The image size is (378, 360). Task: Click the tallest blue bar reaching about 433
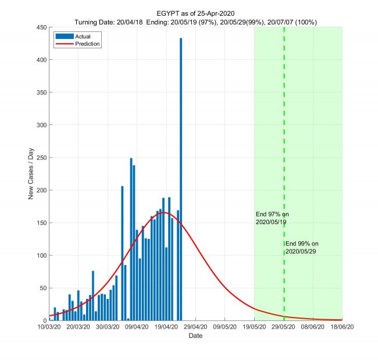click(x=181, y=174)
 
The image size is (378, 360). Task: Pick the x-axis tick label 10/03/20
click(x=49, y=328)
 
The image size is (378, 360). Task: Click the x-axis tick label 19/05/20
click(x=254, y=328)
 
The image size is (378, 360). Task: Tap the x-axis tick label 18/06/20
click(x=342, y=328)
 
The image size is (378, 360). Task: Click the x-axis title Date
click(x=195, y=336)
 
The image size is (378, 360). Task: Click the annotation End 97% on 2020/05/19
click(x=272, y=218)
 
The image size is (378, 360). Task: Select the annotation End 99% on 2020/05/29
click(x=302, y=247)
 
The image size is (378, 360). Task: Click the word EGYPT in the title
click(x=169, y=13)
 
